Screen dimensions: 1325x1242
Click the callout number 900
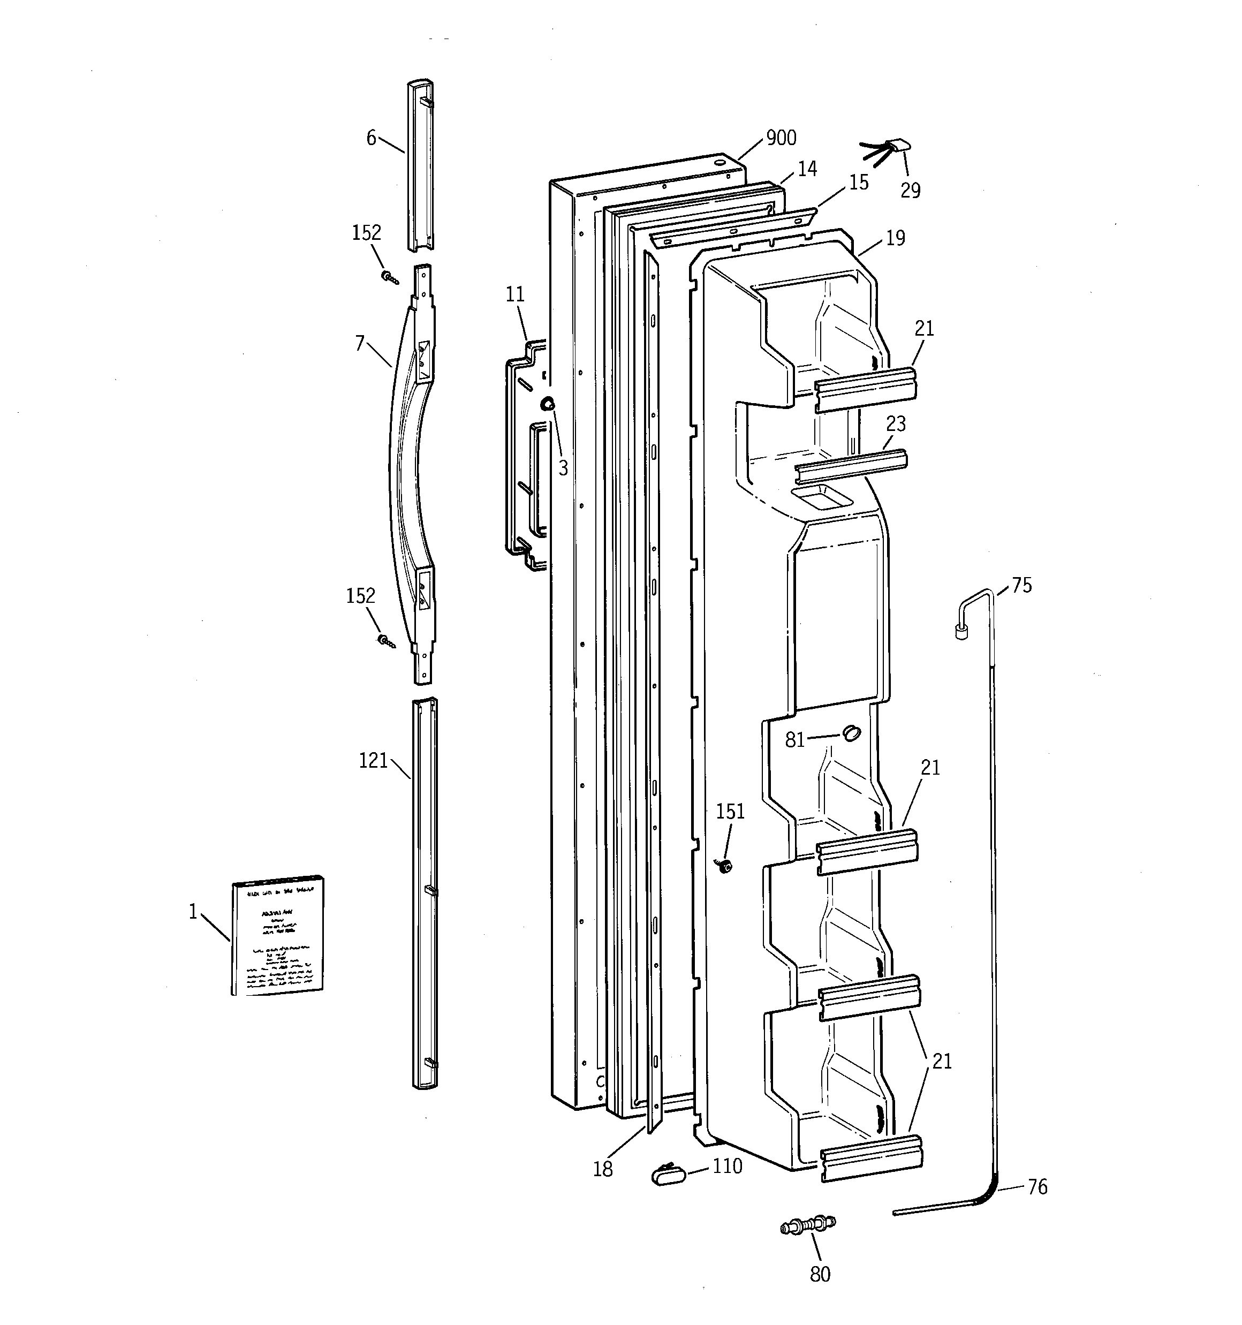[x=781, y=138]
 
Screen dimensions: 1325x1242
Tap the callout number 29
[x=910, y=191]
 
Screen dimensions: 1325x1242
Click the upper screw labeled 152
[x=389, y=277]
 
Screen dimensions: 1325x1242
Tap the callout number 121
[x=373, y=761]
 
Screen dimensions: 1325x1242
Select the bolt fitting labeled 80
[x=808, y=1224]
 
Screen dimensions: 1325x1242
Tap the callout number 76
[x=1037, y=1187]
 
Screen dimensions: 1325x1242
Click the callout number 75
[x=1021, y=585]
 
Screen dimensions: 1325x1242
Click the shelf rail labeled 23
[x=851, y=465]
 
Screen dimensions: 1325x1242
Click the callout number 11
[x=514, y=294]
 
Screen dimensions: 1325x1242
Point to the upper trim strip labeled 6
[x=420, y=166]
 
